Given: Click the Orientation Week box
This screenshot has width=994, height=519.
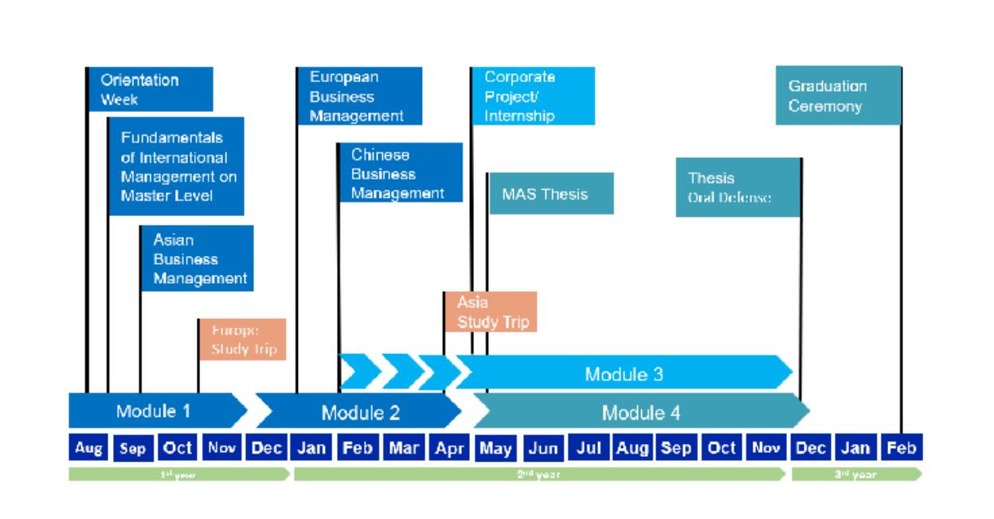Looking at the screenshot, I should click(x=150, y=89).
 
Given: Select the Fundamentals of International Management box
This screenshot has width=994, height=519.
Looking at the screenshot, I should click(x=176, y=166).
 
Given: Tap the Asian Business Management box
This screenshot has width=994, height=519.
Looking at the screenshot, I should click(x=198, y=258).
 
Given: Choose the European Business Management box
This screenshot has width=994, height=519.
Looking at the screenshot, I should click(x=359, y=96).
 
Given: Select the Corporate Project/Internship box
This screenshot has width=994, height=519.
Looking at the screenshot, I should click(x=533, y=96).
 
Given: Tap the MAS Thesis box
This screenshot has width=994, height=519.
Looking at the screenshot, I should click(x=550, y=193).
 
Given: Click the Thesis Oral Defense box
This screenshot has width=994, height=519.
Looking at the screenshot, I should click(x=738, y=187).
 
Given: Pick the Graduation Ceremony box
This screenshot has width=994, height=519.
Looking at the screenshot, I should click(x=838, y=96).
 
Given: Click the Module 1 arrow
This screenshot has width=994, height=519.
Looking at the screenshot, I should click(x=156, y=411).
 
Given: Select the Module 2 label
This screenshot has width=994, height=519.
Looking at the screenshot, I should click(x=360, y=412).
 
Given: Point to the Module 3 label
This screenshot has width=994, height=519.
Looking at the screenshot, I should click(x=624, y=374).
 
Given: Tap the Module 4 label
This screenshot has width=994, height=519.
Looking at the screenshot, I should click(x=641, y=412).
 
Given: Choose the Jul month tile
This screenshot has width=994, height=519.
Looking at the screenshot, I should click(x=587, y=448).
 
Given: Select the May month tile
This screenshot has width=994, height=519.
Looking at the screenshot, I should click(x=496, y=448).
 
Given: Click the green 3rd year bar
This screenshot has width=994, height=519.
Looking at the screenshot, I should click(x=856, y=474).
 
